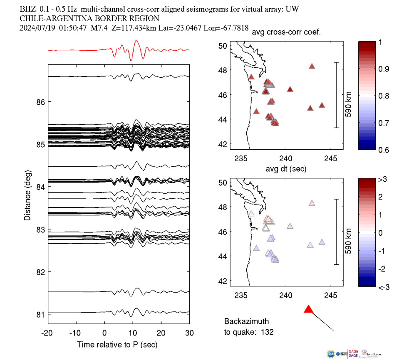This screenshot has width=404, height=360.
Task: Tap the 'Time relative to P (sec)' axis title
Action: tap(117, 345)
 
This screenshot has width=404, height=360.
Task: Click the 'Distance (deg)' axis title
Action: tap(27, 195)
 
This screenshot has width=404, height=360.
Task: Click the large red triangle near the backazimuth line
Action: tap(308, 309)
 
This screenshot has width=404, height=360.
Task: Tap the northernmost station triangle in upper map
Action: tap(312, 66)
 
